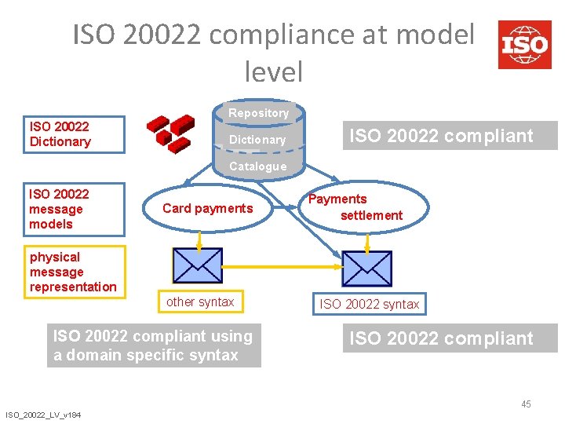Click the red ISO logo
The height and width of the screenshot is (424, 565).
point(525,45)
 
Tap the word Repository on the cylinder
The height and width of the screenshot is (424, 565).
point(258,113)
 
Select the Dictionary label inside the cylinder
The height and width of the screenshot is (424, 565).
point(257,140)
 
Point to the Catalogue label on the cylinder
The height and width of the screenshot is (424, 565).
point(257,166)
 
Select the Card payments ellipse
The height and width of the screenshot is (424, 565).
point(207,208)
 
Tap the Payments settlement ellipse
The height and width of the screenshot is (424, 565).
point(366,207)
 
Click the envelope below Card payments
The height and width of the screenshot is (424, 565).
point(197,268)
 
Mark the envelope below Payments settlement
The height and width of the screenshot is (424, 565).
point(366,268)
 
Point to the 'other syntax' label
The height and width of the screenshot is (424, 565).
point(200,302)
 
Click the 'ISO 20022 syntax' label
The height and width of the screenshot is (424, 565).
point(369,304)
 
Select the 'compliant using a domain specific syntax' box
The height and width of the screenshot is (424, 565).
point(153,345)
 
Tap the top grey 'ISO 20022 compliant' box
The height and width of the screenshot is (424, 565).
point(450,136)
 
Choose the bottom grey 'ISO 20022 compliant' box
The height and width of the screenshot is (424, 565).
point(450,338)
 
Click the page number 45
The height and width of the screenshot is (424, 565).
point(526,404)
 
